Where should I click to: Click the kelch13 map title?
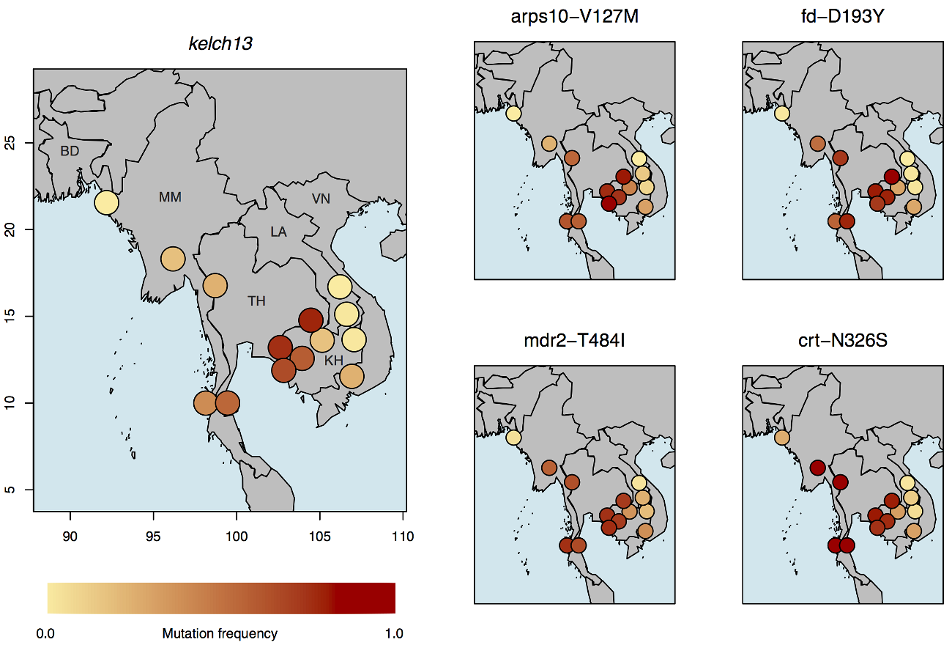click(220, 43)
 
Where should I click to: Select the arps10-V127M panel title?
click(574, 16)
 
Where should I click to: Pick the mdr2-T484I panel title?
click(574, 341)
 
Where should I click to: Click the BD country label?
click(70, 151)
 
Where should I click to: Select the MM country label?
click(170, 197)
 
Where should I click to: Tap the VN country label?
click(321, 199)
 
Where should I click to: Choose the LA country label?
click(278, 232)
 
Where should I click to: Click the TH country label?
click(256, 301)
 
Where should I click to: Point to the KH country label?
click(334, 361)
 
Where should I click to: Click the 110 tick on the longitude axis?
click(404, 536)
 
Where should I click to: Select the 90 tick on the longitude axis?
click(70, 536)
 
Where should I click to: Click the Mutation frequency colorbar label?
click(220, 633)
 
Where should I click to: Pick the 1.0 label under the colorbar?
click(393, 633)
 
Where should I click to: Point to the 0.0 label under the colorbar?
click(45, 633)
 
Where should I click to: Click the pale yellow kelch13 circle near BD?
click(106, 202)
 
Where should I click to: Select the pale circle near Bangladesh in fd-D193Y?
click(781, 113)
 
